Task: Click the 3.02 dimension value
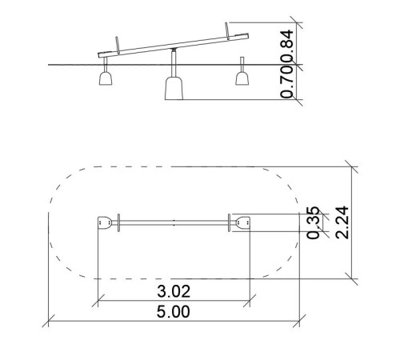(x=174, y=291)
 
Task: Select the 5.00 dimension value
(x=174, y=311)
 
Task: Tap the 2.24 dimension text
(x=342, y=222)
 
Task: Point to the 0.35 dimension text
(x=313, y=222)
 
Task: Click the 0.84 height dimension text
(x=287, y=42)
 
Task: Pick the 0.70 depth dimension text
(x=287, y=78)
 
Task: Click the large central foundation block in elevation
(x=174, y=88)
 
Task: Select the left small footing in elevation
(x=106, y=78)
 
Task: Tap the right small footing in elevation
(x=242, y=78)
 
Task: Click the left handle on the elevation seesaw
(x=117, y=45)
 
